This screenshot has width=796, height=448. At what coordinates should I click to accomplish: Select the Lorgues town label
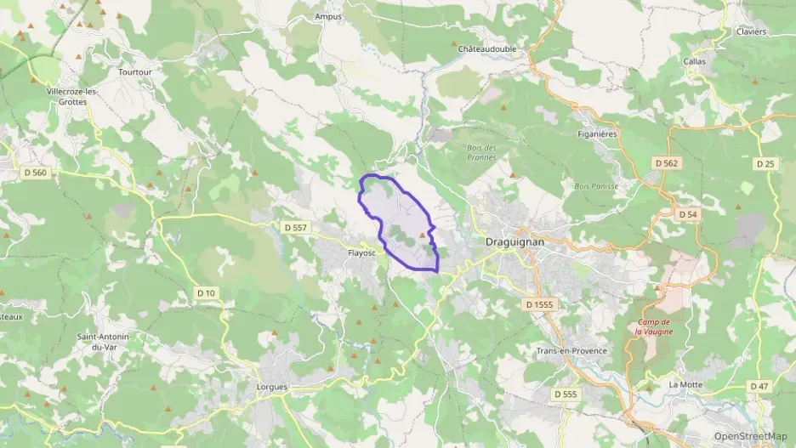(272, 386)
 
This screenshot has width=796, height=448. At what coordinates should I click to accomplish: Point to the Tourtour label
(135, 72)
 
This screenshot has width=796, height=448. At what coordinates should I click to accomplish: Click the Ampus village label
(327, 16)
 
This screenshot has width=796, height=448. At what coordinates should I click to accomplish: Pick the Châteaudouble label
(487, 49)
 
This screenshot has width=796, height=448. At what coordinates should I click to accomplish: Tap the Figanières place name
(596, 133)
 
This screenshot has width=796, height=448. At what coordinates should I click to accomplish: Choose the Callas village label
(695, 61)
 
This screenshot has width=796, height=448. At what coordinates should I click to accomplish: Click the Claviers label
(751, 31)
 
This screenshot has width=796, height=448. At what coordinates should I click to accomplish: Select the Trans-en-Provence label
(571, 350)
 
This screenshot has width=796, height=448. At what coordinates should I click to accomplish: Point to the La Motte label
(684, 384)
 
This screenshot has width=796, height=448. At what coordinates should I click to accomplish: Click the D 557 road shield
(294, 227)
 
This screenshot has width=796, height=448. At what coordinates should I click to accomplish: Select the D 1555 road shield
(539, 303)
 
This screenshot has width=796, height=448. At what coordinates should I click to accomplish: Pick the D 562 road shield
(667, 162)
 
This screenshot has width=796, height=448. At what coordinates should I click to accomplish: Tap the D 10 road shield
(207, 293)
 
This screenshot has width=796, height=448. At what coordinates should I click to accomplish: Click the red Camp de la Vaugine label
(654, 326)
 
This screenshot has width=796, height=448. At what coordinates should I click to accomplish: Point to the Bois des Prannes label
(481, 151)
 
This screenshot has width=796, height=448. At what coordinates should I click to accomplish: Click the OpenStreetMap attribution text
(750, 436)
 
